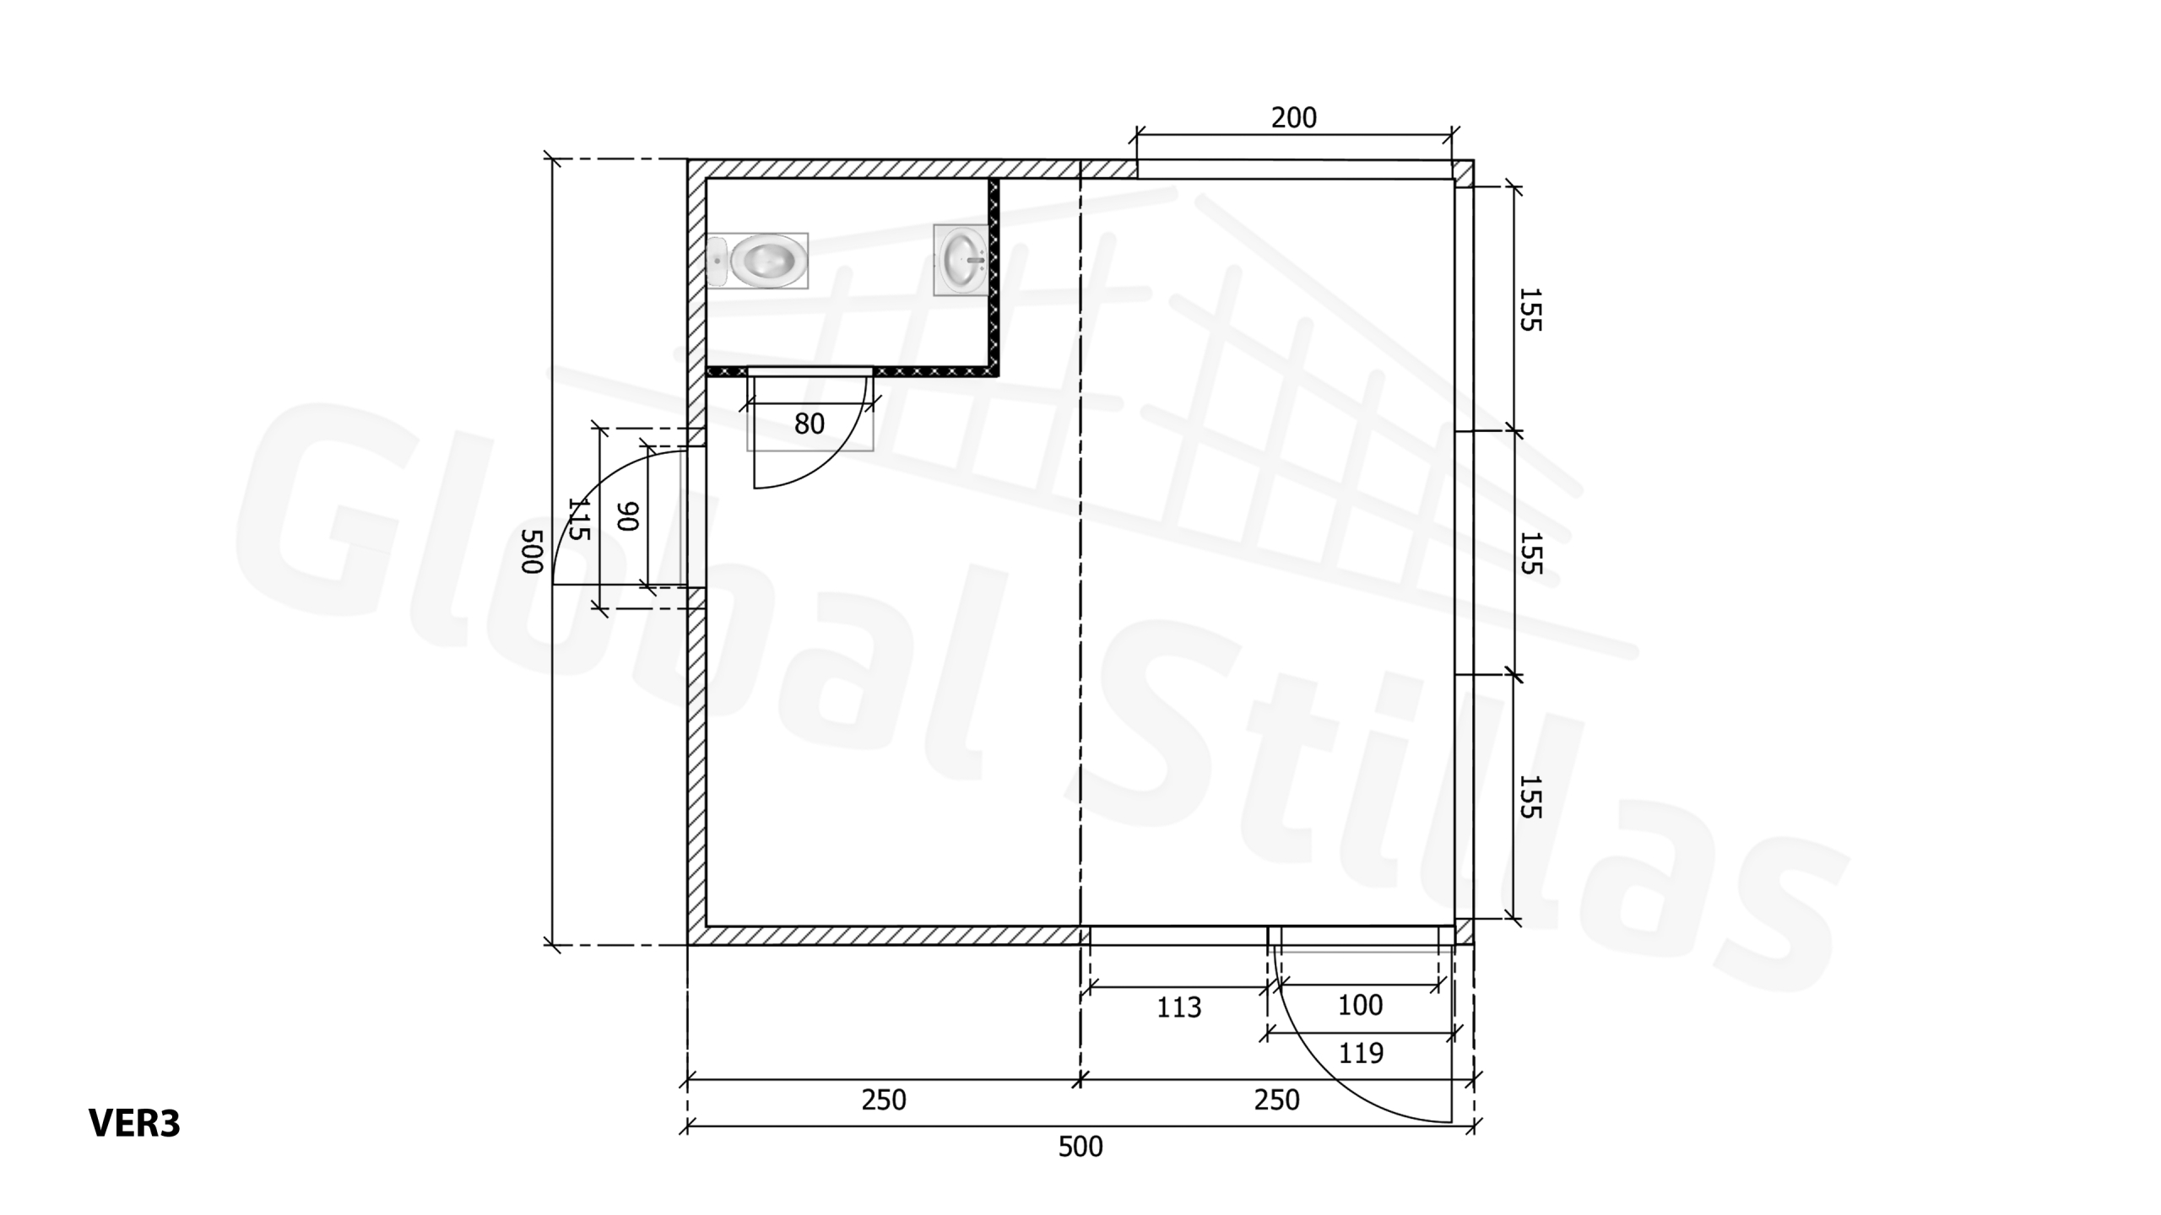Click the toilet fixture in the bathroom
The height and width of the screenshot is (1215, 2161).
coord(757,261)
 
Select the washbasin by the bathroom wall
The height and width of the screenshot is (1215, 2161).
coord(961,260)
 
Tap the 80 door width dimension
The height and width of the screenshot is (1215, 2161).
coord(810,424)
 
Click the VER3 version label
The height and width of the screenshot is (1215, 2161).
coord(134,1123)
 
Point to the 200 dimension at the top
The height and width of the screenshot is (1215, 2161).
coord(1293,117)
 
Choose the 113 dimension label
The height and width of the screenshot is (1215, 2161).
coord(1178,1007)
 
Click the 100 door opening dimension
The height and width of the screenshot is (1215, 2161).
coord(1360,1005)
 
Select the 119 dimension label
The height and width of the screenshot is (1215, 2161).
coord(1361,1053)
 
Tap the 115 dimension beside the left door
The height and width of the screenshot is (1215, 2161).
coord(579,518)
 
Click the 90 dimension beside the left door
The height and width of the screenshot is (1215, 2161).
coord(628,516)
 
